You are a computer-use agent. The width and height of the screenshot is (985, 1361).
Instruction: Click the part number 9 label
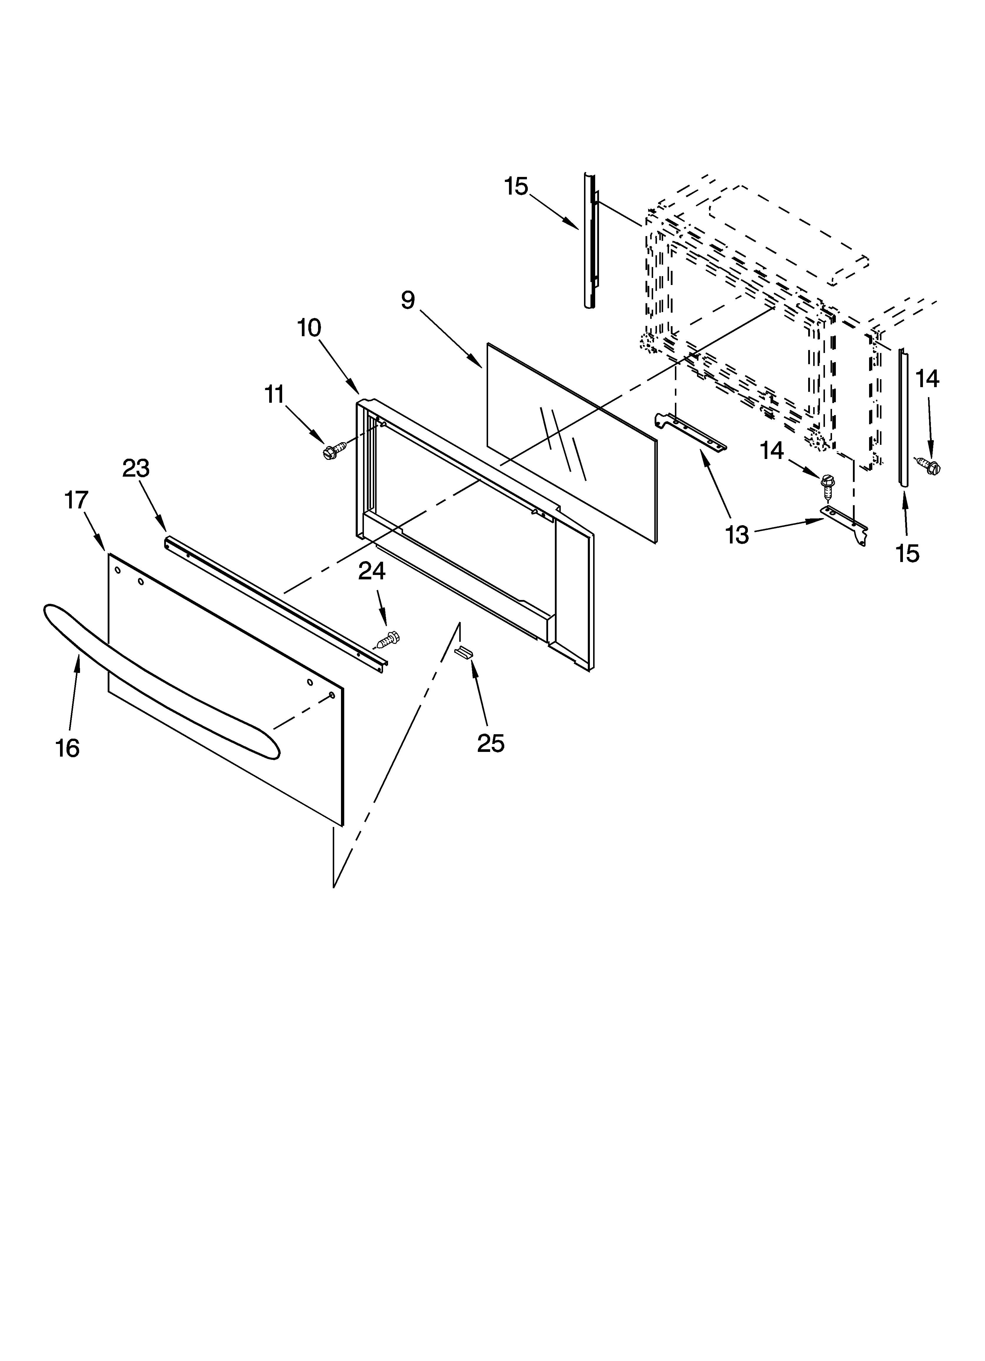tap(408, 299)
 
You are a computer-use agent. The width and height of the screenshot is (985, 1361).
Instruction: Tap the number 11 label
tap(275, 395)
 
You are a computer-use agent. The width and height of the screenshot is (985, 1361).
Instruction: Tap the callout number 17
tap(76, 500)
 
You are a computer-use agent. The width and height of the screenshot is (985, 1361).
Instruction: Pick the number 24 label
tap(372, 571)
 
